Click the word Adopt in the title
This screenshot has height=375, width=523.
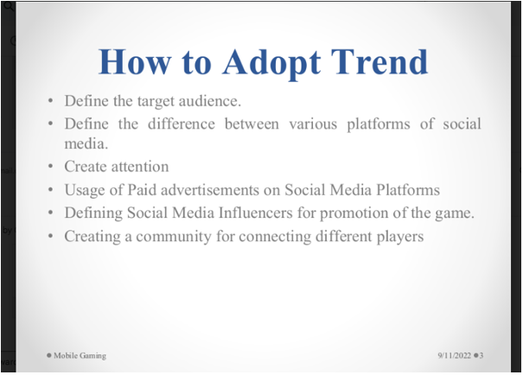[x=271, y=63]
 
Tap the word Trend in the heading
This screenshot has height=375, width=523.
[x=379, y=61]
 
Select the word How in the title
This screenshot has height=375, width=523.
[x=135, y=61]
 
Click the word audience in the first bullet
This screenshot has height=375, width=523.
[x=210, y=101]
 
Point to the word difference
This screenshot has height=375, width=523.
[x=182, y=124]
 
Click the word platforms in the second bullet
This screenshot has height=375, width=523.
[x=379, y=124]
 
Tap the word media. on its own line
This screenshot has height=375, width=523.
[x=86, y=143]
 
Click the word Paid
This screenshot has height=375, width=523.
[x=142, y=190]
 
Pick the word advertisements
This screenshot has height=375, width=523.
[x=210, y=190]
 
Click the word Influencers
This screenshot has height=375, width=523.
[x=256, y=213]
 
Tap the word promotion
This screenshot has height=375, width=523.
[x=354, y=213]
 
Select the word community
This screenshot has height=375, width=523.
[x=174, y=237]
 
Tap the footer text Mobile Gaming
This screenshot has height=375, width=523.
[x=80, y=356]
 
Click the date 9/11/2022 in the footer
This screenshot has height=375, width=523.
[x=455, y=356]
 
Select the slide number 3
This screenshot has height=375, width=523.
[x=482, y=356]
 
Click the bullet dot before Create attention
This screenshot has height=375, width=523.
[x=51, y=166]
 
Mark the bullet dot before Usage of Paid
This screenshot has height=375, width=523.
[x=51, y=189]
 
